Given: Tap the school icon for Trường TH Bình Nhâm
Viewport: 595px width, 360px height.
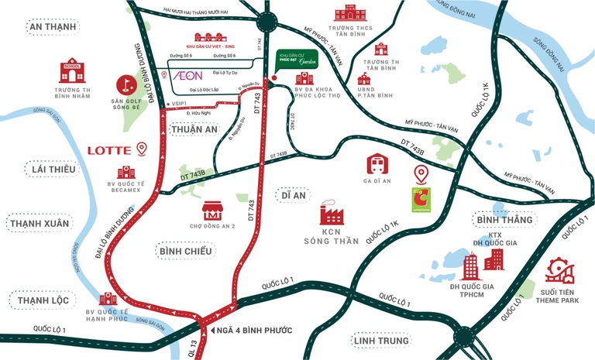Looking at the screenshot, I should click(74, 70).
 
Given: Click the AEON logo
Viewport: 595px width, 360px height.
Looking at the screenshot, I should click(186, 75).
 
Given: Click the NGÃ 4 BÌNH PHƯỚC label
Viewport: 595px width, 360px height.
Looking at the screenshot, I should click(254, 331).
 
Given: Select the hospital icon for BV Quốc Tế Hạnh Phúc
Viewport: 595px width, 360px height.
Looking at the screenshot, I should click(108, 299).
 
